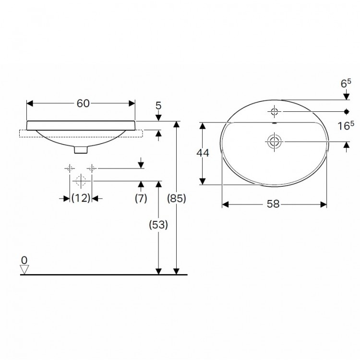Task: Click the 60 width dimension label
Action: [x=83, y=104]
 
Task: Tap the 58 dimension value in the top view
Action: [x=273, y=204]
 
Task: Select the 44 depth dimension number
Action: [x=203, y=153]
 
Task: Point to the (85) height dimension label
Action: [x=176, y=198]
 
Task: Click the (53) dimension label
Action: [x=158, y=225]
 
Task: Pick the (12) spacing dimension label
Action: [x=81, y=198]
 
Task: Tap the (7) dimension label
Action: [x=141, y=198]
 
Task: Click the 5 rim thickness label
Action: [x=158, y=106]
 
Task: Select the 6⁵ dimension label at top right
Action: [x=346, y=84]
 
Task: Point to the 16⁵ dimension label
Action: [x=346, y=126]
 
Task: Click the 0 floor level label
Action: [x=24, y=260]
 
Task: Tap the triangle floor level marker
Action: [x=24, y=270]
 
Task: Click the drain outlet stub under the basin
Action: [x=81, y=149]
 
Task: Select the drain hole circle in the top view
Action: [x=274, y=142]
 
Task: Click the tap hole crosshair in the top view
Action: [x=274, y=112]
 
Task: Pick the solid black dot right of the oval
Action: [x=347, y=111]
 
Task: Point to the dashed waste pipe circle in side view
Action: [x=81, y=180]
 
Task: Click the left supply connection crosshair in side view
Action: [x=70, y=168]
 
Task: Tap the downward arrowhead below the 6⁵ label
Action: [x=347, y=96]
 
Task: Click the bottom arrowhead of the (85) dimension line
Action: [x=176, y=271]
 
